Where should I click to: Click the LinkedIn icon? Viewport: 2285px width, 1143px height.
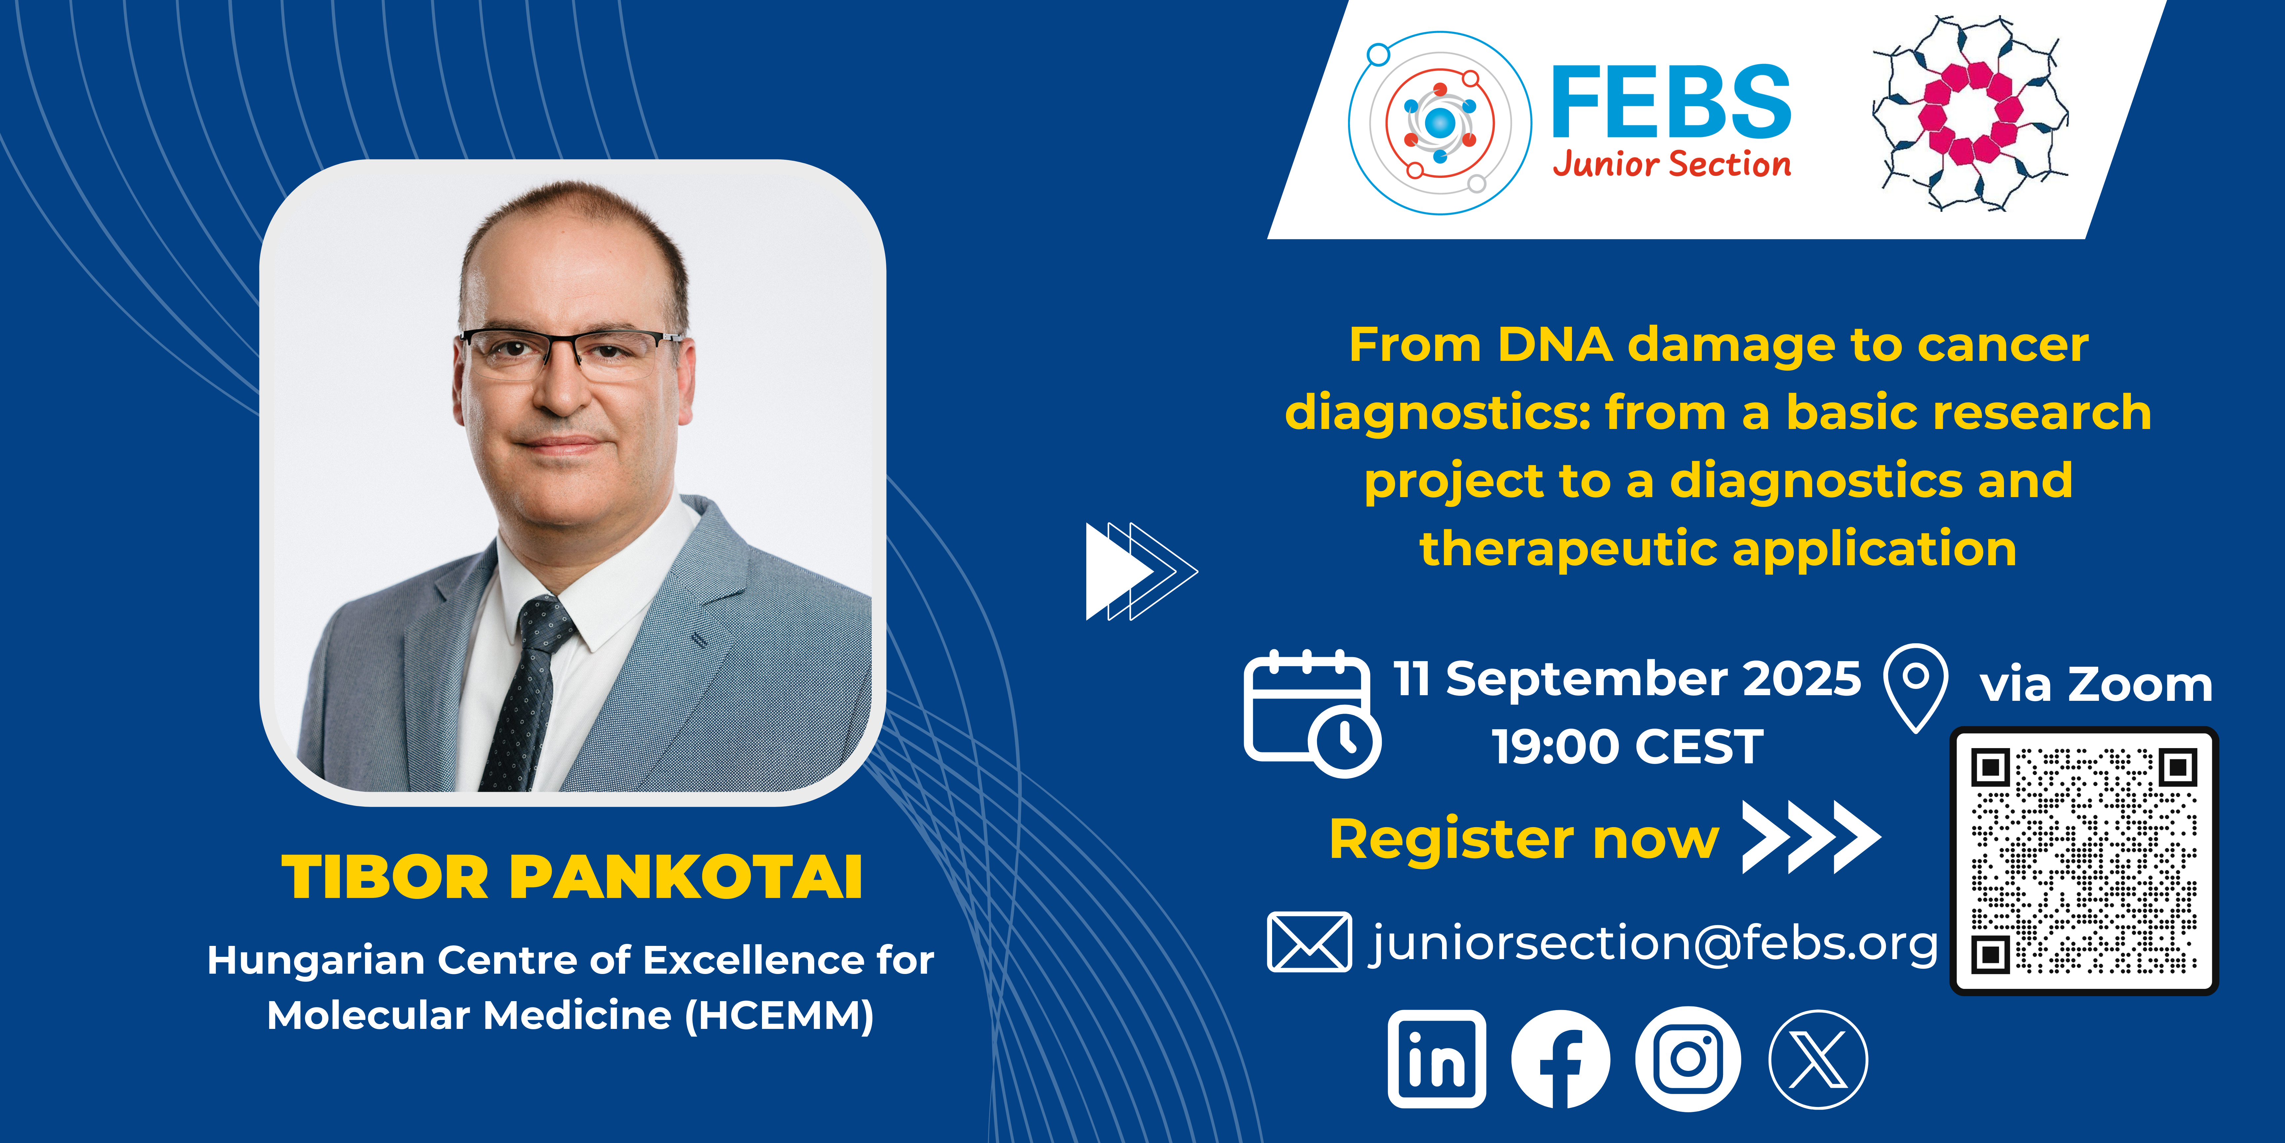(x=1437, y=1059)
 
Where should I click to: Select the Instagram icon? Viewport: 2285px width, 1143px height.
(x=1688, y=1059)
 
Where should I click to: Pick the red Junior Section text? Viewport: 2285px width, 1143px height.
(x=1671, y=164)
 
